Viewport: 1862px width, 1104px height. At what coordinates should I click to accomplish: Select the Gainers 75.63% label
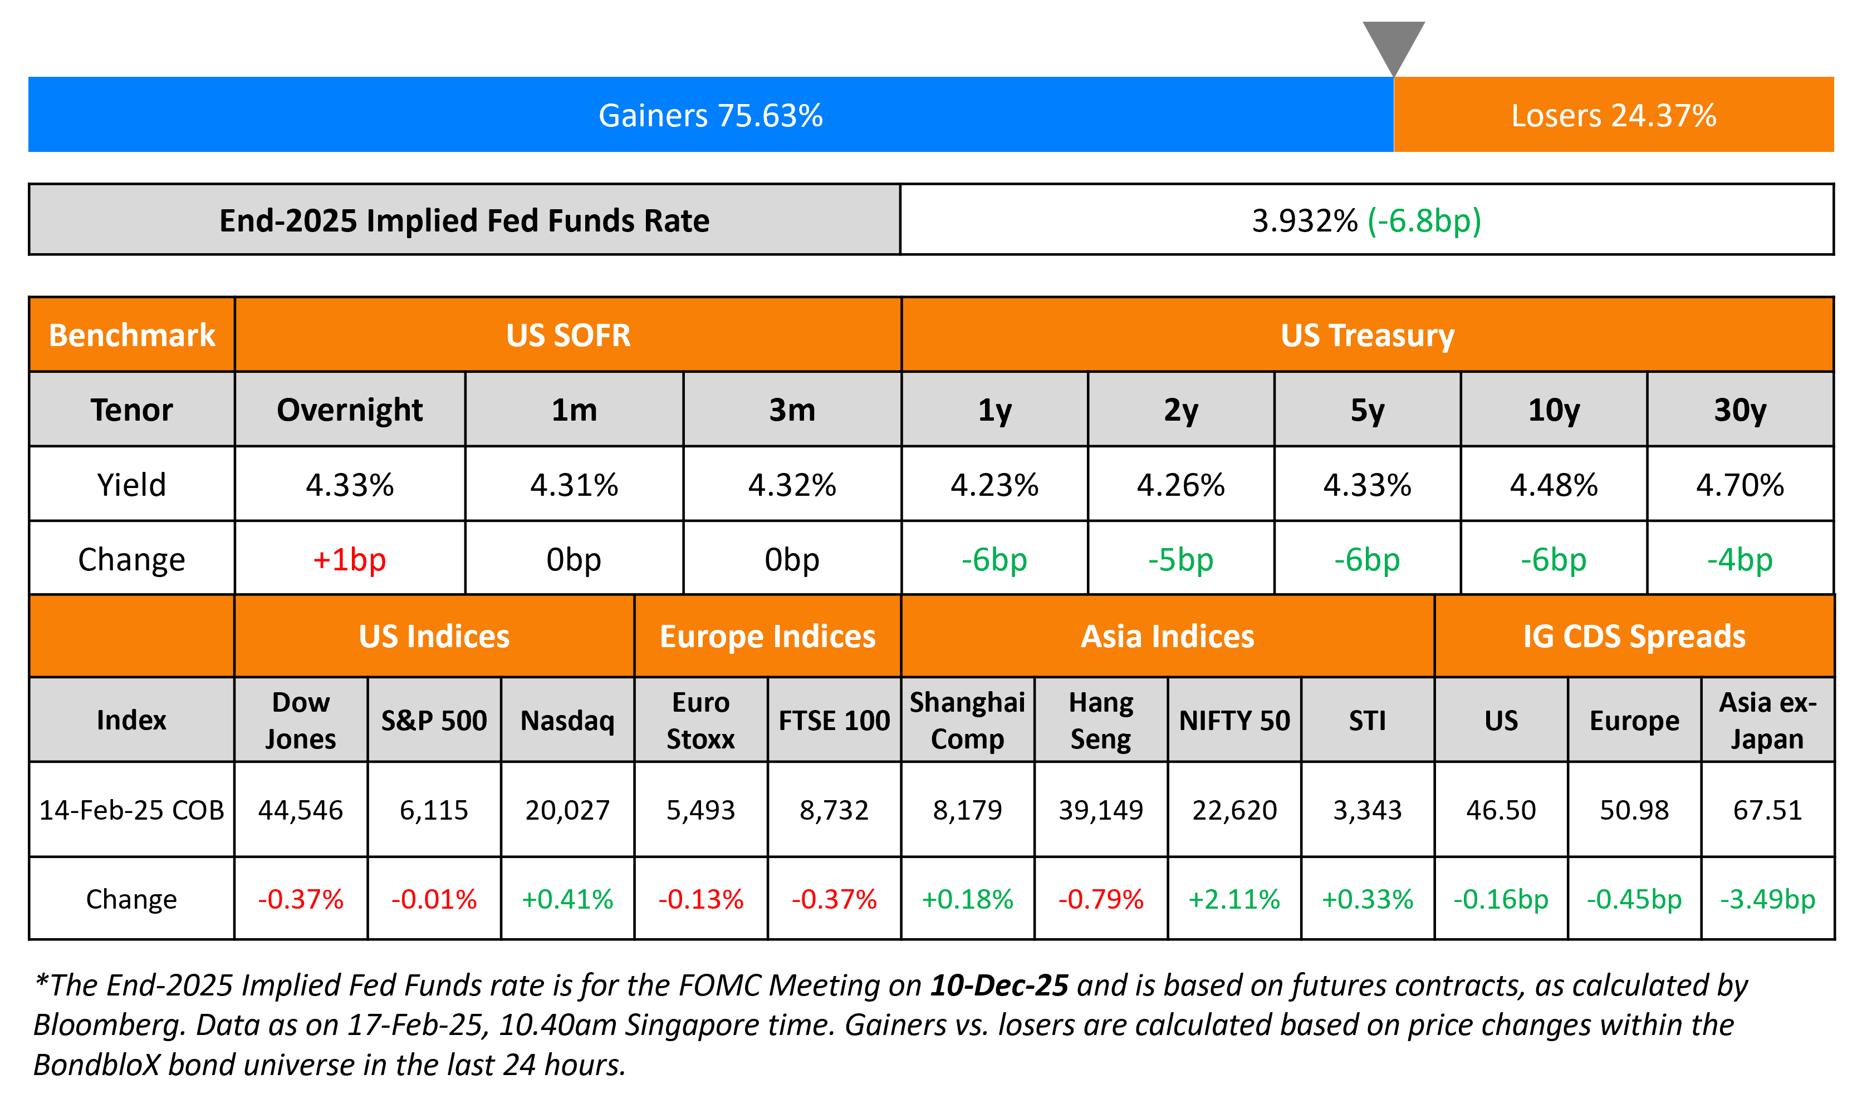pos(710,115)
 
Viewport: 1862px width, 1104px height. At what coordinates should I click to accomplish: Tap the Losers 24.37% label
pos(1613,115)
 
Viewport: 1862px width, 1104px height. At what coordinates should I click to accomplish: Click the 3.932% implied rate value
pos(1304,220)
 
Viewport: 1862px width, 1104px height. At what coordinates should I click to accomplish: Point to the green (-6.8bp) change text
pos(1424,220)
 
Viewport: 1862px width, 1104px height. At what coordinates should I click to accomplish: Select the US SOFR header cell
pos(568,335)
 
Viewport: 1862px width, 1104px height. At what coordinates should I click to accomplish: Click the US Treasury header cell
pos(1367,335)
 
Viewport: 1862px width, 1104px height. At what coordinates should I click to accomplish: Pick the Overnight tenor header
pos(349,410)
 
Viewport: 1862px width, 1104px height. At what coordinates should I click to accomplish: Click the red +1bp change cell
pos(349,559)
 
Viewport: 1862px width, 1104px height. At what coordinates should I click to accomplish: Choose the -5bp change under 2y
pos(1180,559)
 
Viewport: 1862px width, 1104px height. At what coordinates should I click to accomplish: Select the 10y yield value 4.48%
pos(1553,485)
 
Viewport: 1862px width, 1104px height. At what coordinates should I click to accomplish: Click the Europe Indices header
pos(767,636)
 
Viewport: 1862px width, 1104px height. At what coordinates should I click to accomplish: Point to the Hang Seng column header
pos(1101,720)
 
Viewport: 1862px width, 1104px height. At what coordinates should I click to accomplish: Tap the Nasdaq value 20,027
pos(567,810)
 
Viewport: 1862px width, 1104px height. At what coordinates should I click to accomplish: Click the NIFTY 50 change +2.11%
pos(1234,899)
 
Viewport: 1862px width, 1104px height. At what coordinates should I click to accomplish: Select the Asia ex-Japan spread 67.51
pos(1767,810)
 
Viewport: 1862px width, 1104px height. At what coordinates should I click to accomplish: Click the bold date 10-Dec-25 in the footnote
pos(999,985)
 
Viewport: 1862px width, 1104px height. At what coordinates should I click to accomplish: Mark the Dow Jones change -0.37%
pos(301,899)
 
